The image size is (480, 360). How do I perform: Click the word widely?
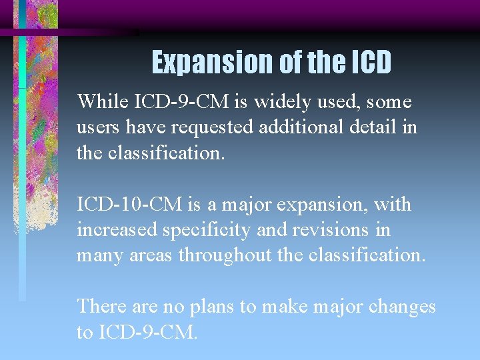272,102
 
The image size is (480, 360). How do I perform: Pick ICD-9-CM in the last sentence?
147,332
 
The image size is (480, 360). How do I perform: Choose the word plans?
210,307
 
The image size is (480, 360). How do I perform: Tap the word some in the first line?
389,102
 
